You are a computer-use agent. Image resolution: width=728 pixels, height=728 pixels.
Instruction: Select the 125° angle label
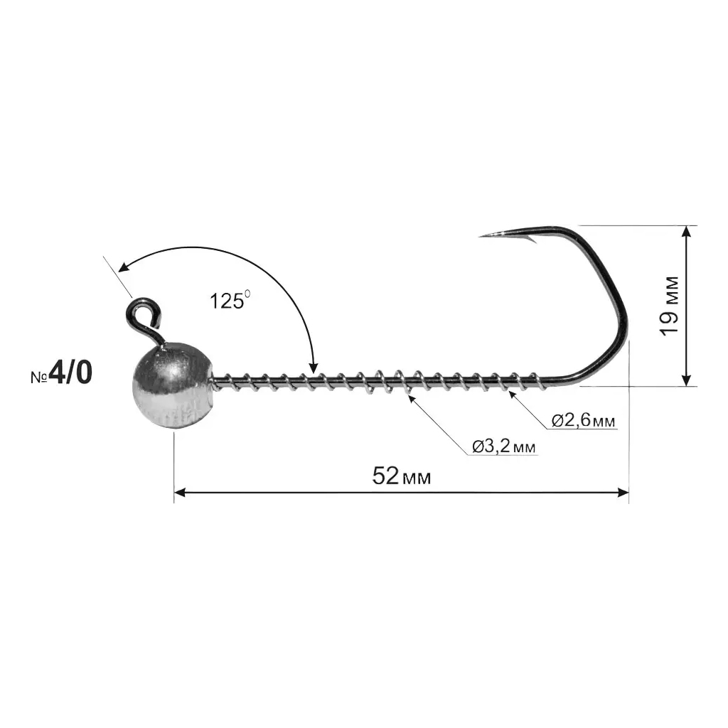[x=230, y=300]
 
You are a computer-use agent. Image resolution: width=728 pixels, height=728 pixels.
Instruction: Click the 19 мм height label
[x=669, y=306]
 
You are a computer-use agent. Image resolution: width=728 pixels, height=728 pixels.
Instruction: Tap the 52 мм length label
[x=402, y=476]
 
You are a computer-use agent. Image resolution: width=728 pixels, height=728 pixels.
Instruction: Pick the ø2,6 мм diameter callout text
[x=584, y=421]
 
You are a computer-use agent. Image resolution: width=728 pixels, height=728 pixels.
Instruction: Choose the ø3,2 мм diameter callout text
[x=504, y=446]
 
